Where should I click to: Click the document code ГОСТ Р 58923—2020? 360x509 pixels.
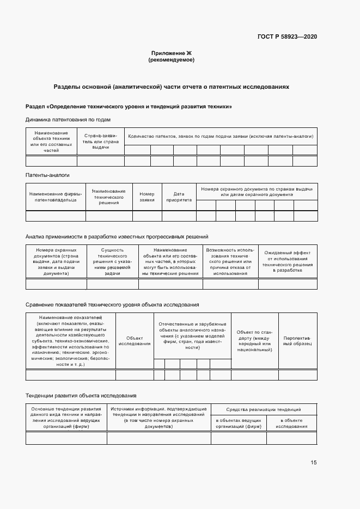287,36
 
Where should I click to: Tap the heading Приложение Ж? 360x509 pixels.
171,53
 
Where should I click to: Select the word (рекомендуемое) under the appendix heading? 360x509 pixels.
171,60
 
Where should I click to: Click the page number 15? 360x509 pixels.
314,463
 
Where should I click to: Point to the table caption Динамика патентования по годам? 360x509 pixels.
68,119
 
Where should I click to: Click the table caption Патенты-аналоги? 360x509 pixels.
47,175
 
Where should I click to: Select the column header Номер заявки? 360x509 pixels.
147,197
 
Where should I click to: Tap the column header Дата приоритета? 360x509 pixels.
179,197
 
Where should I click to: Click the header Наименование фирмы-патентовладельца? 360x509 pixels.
56,197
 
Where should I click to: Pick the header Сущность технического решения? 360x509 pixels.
112,261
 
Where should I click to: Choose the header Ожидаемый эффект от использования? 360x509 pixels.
287,261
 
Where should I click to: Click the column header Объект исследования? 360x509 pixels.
134,341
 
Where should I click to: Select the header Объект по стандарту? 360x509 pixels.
254,340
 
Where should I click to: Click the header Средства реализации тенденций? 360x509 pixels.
264,409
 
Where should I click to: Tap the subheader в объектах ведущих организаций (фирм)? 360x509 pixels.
239,423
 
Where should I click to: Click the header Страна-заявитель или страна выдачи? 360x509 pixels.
100,142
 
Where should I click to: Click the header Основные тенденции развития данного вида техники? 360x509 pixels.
66,418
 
